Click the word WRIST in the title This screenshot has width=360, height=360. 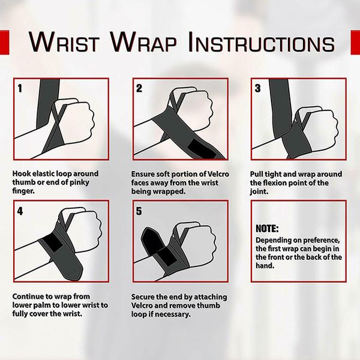pos(64,42)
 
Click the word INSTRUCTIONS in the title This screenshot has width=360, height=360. pos(261,42)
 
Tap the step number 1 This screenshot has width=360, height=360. pos(20,88)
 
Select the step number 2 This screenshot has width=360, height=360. pos(139,88)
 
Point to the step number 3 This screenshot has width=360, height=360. pos(257,88)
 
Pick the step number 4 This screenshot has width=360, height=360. pos(20,211)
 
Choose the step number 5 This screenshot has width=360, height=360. pos(139,211)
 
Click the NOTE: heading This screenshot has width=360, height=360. pos(267,229)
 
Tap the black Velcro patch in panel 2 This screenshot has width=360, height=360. pos(202,149)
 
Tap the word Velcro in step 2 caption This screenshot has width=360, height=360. pos(218,174)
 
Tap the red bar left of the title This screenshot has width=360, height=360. pos(5,42)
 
